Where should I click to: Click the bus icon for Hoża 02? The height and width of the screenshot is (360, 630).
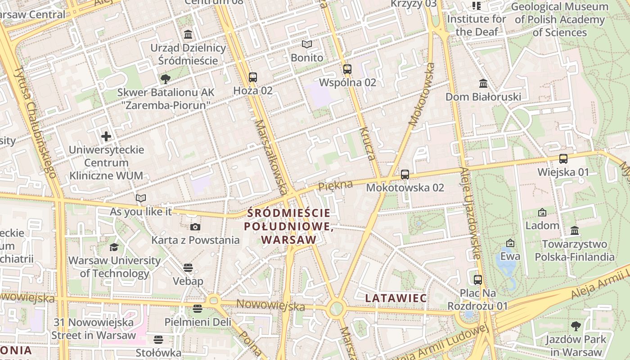click(x=253, y=77)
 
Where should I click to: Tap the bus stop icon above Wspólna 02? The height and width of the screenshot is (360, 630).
click(x=347, y=69)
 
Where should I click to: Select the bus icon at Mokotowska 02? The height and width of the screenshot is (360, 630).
click(x=405, y=175)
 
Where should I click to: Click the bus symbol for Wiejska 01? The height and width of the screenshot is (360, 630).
click(x=563, y=159)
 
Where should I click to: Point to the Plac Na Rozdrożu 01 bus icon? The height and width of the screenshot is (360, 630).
click(x=478, y=279)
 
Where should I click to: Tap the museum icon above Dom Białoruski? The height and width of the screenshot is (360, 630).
click(x=483, y=84)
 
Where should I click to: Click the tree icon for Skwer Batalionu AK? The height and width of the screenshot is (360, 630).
click(x=165, y=79)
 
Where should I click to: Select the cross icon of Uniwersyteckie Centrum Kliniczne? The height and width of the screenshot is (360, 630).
click(x=106, y=136)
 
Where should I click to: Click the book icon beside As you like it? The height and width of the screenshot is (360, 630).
click(x=141, y=198)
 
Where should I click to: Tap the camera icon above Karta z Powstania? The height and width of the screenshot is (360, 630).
click(x=195, y=227)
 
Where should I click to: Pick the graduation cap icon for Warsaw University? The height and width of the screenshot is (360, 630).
click(x=114, y=247)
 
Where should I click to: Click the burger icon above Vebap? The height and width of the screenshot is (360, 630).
click(x=188, y=268)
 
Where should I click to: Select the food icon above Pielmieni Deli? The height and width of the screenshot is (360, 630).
click(x=197, y=309)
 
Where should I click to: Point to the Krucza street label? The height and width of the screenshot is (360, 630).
click(x=367, y=144)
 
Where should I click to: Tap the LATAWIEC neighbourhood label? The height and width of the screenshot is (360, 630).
click(x=396, y=298)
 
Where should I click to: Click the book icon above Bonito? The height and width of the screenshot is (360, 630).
click(x=307, y=44)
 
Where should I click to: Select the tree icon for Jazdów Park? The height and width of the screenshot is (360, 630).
click(x=576, y=326)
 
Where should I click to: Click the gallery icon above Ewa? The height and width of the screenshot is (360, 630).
click(x=510, y=243)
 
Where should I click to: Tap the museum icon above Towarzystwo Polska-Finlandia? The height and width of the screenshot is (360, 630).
click(x=575, y=230)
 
